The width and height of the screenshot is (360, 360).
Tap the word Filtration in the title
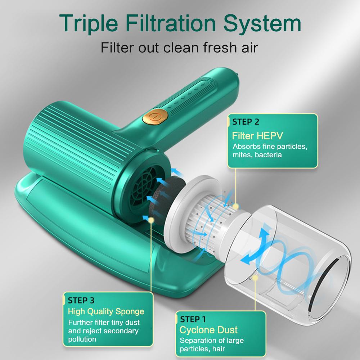pyautogui.click(x=171, y=23)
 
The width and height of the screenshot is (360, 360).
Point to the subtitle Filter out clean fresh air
pyautogui.click(x=179, y=48)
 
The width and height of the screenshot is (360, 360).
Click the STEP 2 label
pyautogui.click(x=246, y=122)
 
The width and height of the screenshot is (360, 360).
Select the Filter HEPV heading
pyautogui.click(x=257, y=136)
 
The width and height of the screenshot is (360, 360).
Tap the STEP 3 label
pyautogui.click(x=81, y=300)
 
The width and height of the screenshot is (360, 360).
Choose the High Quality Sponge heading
pyautogui.click(x=106, y=311)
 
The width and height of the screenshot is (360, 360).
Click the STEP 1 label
pyautogui.click(x=193, y=319)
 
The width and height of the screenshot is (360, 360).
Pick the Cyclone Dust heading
pyautogui.click(x=208, y=330)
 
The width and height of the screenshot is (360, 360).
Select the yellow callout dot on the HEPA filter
pyautogui.click(x=235, y=206)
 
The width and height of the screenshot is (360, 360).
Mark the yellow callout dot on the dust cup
pyautogui.click(x=255, y=278)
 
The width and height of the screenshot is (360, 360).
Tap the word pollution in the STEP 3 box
pyautogui.click(x=82, y=339)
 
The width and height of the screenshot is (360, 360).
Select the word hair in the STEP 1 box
pyautogui.click(x=219, y=349)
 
